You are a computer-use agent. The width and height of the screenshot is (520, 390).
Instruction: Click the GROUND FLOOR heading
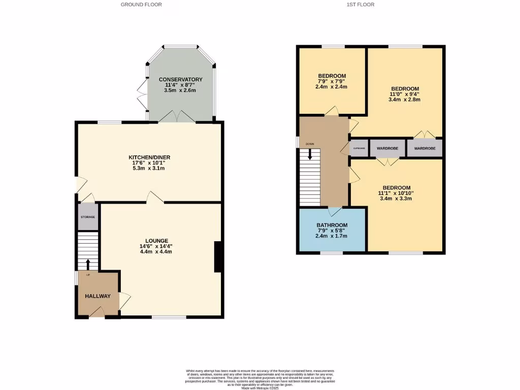[x=141, y=5]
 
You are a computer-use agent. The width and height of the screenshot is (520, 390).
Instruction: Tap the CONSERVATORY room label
[x=180, y=80]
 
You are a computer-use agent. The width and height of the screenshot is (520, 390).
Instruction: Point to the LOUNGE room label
[x=156, y=241]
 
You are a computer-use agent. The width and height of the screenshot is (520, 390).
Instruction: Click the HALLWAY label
[x=97, y=296]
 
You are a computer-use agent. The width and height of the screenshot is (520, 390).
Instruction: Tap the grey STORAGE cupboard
[x=88, y=217]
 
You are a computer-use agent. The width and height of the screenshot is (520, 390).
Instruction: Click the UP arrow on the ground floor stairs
[x=87, y=265]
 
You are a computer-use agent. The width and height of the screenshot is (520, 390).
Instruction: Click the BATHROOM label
[x=332, y=225]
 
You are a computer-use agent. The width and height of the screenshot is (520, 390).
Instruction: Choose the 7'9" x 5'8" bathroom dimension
[x=332, y=231]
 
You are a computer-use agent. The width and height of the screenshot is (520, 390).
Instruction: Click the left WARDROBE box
[x=387, y=148]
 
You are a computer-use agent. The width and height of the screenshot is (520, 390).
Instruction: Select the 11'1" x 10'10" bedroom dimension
[x=397, y=193]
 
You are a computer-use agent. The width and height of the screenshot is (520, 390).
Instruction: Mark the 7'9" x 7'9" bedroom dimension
[x=332, y=81]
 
